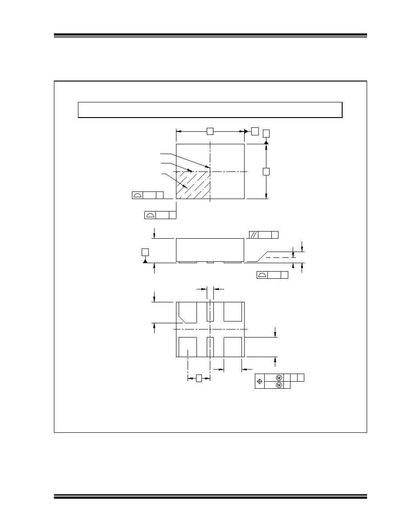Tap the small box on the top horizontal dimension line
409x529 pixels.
[x=210, y=131]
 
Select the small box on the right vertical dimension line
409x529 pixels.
[x=266, y=171]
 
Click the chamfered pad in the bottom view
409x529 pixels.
[x=188, y=312]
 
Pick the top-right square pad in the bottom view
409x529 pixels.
[x=233, y=312]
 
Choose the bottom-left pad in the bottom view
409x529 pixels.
[x=188, y=347]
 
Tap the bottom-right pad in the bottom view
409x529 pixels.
[x=233, y=347]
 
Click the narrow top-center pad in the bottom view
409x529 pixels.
[x=210, y=312]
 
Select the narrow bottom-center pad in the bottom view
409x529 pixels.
[x=210, y=347]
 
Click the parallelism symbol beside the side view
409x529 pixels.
[x=254, y=235]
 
